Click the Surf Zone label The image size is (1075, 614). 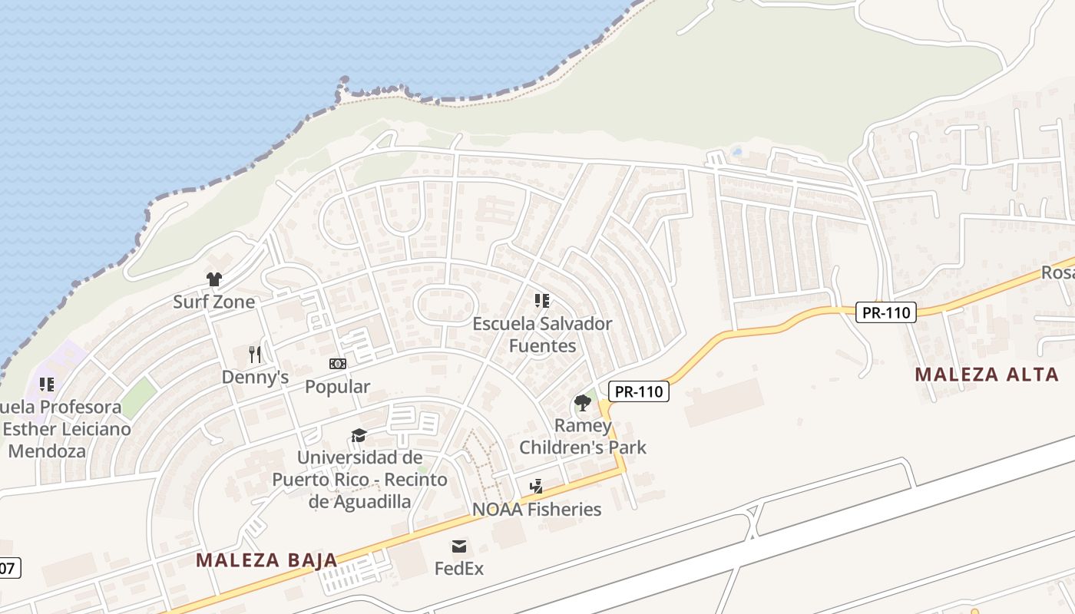coord(213,302)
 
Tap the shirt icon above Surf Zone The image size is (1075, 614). coord(213,279)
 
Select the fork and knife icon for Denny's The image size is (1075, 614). coord(255,354)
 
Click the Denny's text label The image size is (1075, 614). coord(255,377)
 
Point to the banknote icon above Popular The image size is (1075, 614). coord(338,364)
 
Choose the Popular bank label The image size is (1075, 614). coord(338,386)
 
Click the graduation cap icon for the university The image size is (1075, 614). coord(359,435)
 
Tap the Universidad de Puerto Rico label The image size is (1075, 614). coord(359,480)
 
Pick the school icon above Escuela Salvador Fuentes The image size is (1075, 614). coord(542,301)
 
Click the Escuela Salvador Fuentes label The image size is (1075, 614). coord(542,335)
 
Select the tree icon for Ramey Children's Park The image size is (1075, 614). coord(583,402)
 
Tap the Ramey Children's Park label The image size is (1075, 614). coord(583,436)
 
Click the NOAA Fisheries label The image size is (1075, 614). coord(537,509)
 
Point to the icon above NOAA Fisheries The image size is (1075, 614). coord(537,487)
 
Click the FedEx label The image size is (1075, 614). coord(459,569)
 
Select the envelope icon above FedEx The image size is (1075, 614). coord(459,546)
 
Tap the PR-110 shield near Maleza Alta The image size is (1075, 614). coord(886,312)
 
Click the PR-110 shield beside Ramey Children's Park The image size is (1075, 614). coord(639,391)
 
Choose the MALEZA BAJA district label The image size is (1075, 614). coord(266,560)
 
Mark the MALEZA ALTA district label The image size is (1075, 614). coord(987,375)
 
